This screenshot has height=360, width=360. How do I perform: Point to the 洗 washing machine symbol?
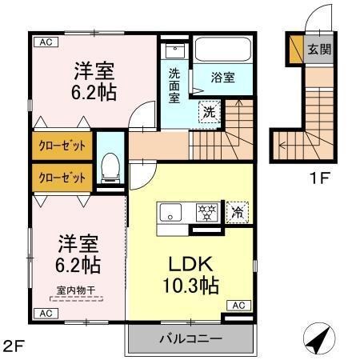coord(207,111)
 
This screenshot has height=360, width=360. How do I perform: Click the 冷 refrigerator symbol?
coord(238,213)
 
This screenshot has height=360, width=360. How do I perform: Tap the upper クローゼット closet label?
coord(63,146)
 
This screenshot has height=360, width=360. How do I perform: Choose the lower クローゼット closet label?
coord(63,177)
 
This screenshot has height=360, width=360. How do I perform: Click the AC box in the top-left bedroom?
coord(45,42)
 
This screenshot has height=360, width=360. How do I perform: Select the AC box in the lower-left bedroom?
coord(45,312)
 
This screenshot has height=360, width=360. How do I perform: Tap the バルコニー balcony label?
coord(190,339)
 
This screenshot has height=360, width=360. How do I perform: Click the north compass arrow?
coord(319,339)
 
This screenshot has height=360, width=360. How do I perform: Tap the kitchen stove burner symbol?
coord(207,212)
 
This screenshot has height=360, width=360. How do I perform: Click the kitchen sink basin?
coord(171,213)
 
